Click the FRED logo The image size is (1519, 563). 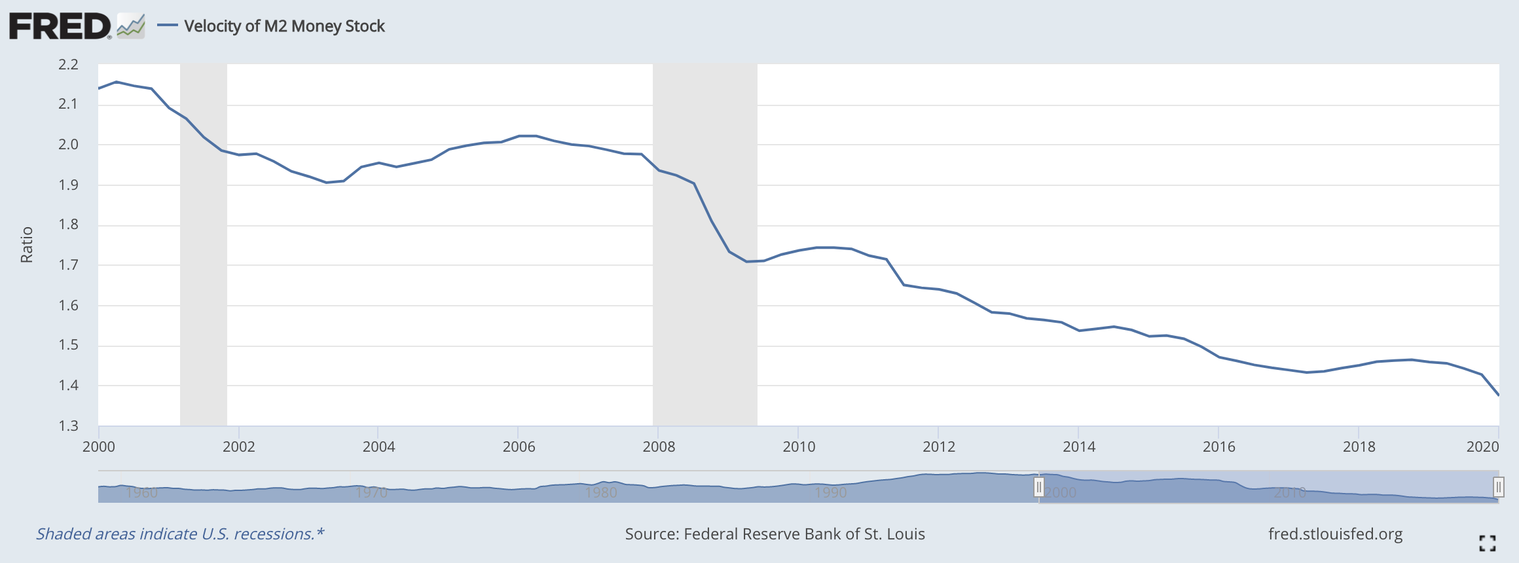pos(60,26)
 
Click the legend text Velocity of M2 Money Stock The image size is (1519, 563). pos(284,26)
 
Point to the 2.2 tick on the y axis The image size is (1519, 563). pos(68,64)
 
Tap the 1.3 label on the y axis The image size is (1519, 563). pos(68,426)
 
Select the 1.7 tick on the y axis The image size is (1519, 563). pos(68,265)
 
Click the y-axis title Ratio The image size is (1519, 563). pos(27,245)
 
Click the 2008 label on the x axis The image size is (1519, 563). pos(659,446)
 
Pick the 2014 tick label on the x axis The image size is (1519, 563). pos(1078,446)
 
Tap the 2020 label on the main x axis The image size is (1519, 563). pos(1482,446)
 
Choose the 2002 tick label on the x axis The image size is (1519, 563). pos(238,446)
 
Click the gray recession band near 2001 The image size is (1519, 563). pos(204,262)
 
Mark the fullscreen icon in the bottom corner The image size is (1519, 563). pos(1487,543)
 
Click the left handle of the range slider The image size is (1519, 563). pos(1038,487)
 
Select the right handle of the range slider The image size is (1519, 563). pos(1498,487)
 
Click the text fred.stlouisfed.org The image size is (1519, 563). pos(1335,534)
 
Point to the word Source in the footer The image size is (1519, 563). pos(651,534)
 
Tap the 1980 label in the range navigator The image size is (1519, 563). pos(600,492)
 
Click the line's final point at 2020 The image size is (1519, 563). pos(1498,395)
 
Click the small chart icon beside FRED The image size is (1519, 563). pos(130,27)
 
